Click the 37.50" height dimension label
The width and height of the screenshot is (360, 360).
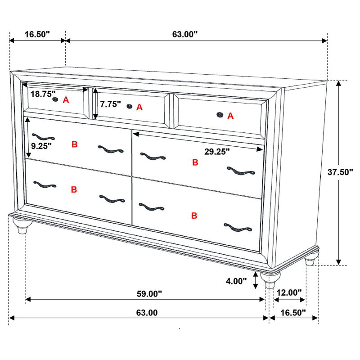(340, 171)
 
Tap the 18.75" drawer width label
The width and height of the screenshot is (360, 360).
(43, 94)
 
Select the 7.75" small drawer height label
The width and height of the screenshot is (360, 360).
(110, 104)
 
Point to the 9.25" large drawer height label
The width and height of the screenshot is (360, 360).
(41, 145)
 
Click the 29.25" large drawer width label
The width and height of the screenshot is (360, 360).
(217, 152)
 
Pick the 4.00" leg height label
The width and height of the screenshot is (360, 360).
(237, 281)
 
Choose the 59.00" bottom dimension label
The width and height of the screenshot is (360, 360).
(149, 294)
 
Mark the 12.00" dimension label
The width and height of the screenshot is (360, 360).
(289, 292)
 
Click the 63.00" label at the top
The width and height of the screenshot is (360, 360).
(185, 34)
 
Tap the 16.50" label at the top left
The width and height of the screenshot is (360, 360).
(37, 34)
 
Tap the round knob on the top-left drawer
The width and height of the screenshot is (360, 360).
(56, 99)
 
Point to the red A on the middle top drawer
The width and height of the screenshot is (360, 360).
(139, 107)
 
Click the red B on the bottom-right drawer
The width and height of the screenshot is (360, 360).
(194, 216)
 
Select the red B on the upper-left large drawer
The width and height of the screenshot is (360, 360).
(75, 144)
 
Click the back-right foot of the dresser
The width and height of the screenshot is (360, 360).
(310, 261)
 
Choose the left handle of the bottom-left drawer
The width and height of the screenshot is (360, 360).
(44, 184)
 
